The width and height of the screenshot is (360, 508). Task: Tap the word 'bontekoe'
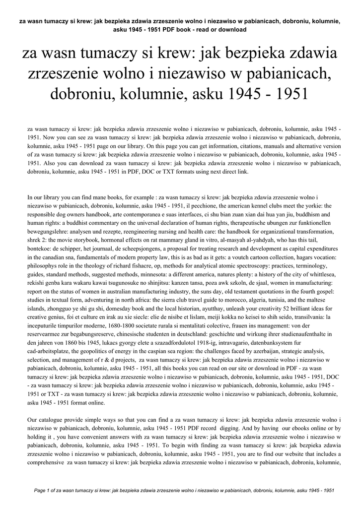40,249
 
